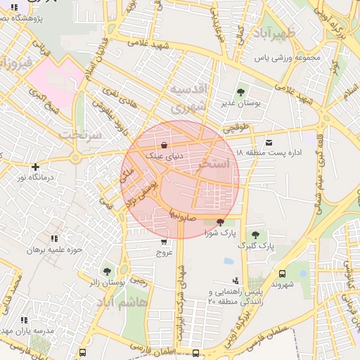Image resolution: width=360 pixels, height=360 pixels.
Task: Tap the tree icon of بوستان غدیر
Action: click(x=241, y=91)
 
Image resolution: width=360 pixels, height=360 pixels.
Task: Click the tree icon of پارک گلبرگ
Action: click(x=255, y=235)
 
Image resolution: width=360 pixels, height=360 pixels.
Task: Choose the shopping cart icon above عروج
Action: click(x=164, y=241)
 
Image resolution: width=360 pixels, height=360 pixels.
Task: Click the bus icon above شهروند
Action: click(x=282, y=274)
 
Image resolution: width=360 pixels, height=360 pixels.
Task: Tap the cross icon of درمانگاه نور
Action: click(x=35, y=167)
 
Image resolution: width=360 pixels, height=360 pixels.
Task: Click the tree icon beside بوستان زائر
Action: click(x=107, y=271)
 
